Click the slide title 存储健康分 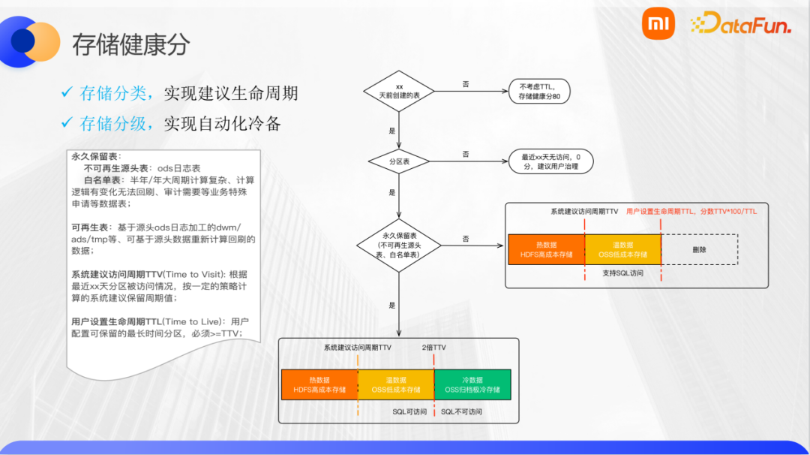pyautogui.click(x=130, y=44)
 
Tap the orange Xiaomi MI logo pyautogui.click(x=658, y=26)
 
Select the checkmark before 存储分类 pyautogui.click(x=67, y=93)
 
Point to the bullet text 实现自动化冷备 pyautogui.click(x=222, y=124)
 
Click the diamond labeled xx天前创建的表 pyautogui.click(x=399, y=92)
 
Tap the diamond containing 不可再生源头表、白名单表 pyautogui.click(x=399, y=245)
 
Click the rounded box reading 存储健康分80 pyautogui.click(x=539, y=92)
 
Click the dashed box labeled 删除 pyautogui.click(x=699, y=249)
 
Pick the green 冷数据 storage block pyautogui.click(x=472, y=384)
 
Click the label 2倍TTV pyautogui.click(x=433, y=348)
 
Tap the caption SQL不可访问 pyautogui.click(x=461, y=411)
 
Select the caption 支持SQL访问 pyautogui.click(x=622, y=273)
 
